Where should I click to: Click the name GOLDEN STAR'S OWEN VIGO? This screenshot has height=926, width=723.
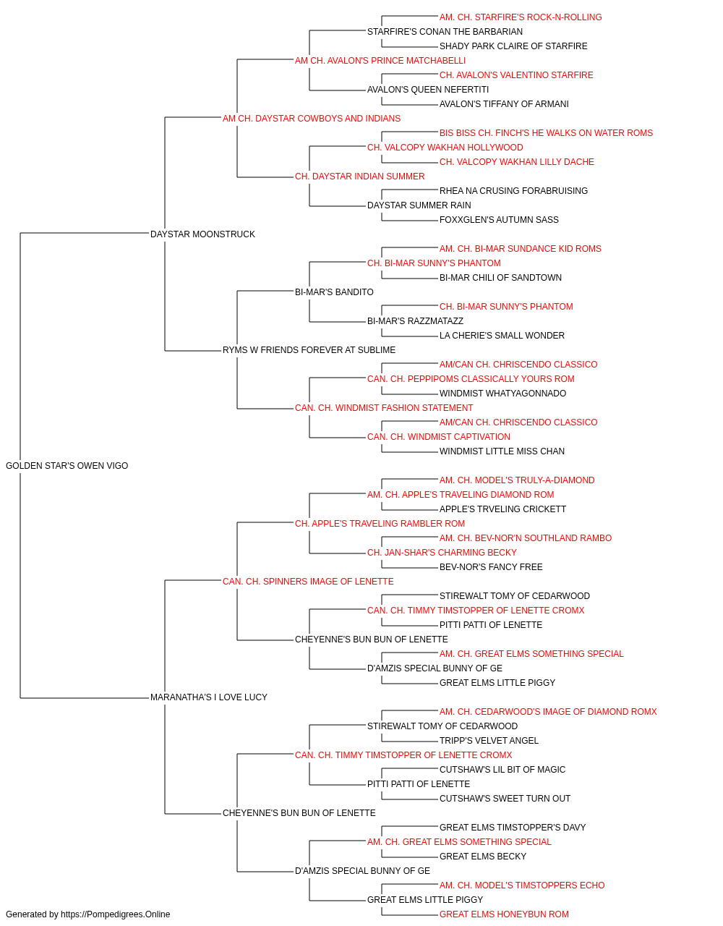[67, 466]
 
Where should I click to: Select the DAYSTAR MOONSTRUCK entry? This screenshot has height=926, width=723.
[202, 234]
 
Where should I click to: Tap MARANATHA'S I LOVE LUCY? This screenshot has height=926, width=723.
[209, 697]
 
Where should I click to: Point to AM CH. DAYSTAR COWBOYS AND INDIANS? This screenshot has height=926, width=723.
[312, 119]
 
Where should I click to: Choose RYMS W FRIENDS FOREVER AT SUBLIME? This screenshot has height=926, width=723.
[309, 350]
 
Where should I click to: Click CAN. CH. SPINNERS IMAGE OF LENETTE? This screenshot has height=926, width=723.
[308, 581]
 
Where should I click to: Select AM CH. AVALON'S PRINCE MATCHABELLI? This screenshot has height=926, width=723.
[380, 61]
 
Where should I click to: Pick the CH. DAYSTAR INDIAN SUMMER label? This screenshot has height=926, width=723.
[360, 177]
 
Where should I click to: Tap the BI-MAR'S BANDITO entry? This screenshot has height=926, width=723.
[334, 292]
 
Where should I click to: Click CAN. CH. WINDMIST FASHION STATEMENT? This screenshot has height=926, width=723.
[384, 408]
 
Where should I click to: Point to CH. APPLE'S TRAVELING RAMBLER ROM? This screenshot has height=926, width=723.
[380, 523]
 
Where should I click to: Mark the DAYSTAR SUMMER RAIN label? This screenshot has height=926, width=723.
[419, 205]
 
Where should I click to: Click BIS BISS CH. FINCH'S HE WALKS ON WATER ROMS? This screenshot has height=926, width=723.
[547, 133]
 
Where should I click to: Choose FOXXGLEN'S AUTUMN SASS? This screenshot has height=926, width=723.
[499, 220]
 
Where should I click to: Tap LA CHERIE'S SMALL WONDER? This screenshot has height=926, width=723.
[502, 336]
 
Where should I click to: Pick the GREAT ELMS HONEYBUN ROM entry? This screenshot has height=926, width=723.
[504, 914]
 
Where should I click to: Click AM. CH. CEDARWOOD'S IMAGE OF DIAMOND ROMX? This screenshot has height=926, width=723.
[549, 712]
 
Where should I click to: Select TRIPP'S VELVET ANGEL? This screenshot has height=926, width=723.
[489, 741]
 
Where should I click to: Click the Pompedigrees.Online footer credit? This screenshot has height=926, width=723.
[87, 914]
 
